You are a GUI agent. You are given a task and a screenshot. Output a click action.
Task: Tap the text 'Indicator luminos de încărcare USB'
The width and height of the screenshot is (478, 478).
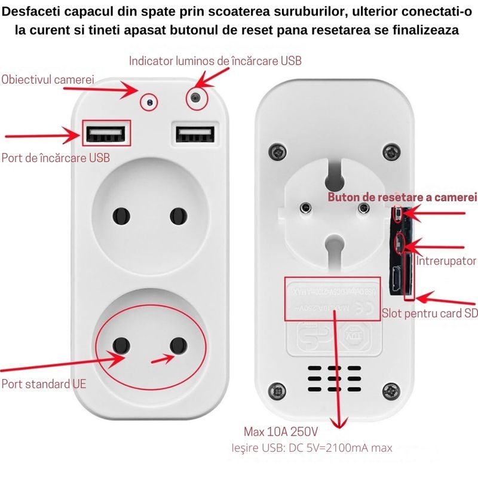coord(216,61)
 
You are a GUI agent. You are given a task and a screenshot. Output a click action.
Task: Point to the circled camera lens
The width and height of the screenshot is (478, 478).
coord(149,102)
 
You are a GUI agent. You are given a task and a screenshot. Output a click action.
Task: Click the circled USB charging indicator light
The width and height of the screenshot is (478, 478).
coord(195,98)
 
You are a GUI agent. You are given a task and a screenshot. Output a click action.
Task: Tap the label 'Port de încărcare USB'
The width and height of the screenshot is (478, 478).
coord(56,158)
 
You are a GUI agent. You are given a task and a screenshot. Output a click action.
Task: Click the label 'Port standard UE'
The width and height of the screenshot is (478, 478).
coord(44,384)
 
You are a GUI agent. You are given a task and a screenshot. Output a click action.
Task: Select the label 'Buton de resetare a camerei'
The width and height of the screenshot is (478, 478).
coord(402,197)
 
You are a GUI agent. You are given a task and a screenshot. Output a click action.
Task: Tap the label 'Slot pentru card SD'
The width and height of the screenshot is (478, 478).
coord(430,313)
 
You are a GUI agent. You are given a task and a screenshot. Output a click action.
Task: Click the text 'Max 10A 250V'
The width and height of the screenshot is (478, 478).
coord(281,431)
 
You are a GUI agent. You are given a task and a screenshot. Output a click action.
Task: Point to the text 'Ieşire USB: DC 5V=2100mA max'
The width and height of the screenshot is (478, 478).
coord(311,448)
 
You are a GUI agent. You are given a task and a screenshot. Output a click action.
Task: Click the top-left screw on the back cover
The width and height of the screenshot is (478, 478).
coord(276,148)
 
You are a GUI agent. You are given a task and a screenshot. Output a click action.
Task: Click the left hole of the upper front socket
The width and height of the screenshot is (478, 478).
coord(121,216)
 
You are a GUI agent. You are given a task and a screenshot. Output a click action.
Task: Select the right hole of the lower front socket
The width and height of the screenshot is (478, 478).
coord(177,345)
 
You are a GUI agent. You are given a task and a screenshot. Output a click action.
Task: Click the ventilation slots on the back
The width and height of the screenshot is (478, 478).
coord(333,378)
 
